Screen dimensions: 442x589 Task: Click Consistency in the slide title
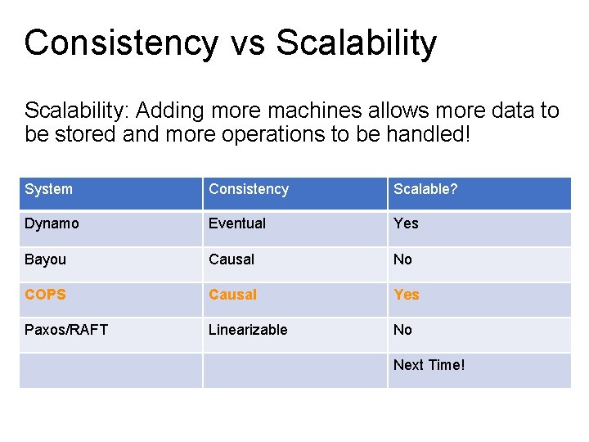pyautogui.click(x=121, y=43)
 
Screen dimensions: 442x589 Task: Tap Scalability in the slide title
pyautogui.click(x=356, y=43)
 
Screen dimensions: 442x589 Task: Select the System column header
pyautogui.click(x=48, y=189)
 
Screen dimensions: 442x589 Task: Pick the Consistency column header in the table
pyautogui.click(x=249, y=189)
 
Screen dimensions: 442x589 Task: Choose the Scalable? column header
pyautogui.click(x=425, y=189)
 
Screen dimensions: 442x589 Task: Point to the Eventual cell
pyautogui.click(x=237, y=223)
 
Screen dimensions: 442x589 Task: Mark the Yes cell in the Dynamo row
pyautogui.click(x=406, y=223)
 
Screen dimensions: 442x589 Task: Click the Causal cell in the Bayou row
pyautogui.click(x=232, y=259)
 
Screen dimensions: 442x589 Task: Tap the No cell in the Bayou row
pyautogui.click(x=402, y=259)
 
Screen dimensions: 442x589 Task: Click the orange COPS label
pyautogui.click(x=45, y=295)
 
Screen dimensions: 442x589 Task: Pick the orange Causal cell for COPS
pyautogui.click(x=232, y=295)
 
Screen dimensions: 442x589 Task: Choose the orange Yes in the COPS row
pyautogui.click(x=406, y=295)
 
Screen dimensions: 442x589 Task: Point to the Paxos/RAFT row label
pyautogui.click(x=66, y=330)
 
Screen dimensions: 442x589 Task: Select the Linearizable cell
pyautogui.click(x=248, y=330)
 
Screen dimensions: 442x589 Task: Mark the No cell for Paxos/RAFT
pyautogui.click(x=402, y=330)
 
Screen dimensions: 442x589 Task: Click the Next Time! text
pyautogui.click(x=429, y=365)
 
